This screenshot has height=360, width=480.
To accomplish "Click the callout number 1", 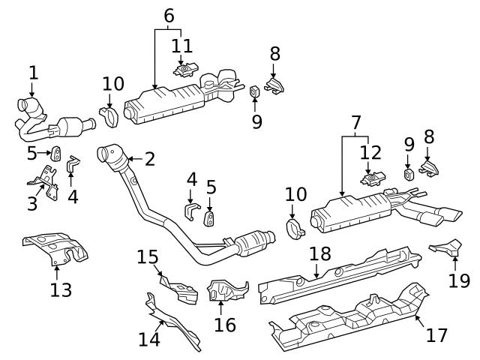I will click(x=32, y=73).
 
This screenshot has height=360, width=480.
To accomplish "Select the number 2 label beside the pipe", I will click(x=149, y=159).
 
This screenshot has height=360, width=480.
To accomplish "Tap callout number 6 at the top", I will click(x=169, y=14).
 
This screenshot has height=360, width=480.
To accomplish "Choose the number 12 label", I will click(x=370, y=154).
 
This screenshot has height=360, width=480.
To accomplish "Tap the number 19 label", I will click(x=459, y=280).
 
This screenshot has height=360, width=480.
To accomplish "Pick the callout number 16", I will click(x=224, y=324).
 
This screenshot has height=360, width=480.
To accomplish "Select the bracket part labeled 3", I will click(x=44, y=184).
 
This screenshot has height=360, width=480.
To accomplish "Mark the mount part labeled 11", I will click(x=182, y=70).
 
